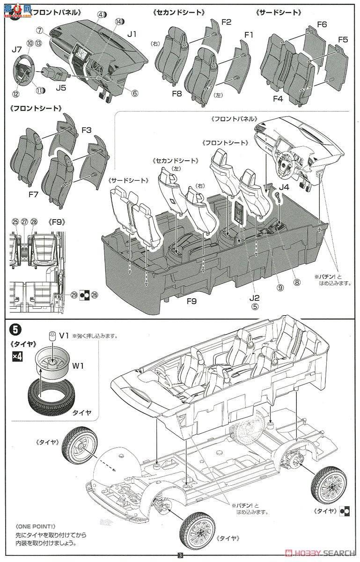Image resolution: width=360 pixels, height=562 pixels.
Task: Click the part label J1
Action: click(x=132, y=34)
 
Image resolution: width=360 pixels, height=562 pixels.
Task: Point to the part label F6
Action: click(x=322, y=24)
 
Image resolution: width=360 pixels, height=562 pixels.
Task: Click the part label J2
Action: click(x=255, y=297)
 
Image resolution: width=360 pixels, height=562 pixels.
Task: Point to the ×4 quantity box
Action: click(x=15, y=356)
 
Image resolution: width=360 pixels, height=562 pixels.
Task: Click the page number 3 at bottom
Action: click(x=180, y=555)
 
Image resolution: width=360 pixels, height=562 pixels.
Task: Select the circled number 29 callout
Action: click(x=74, y=295)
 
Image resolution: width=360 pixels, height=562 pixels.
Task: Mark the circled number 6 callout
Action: click(x=134, y=93)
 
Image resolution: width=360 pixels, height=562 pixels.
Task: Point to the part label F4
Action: click(x=278, y=99)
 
